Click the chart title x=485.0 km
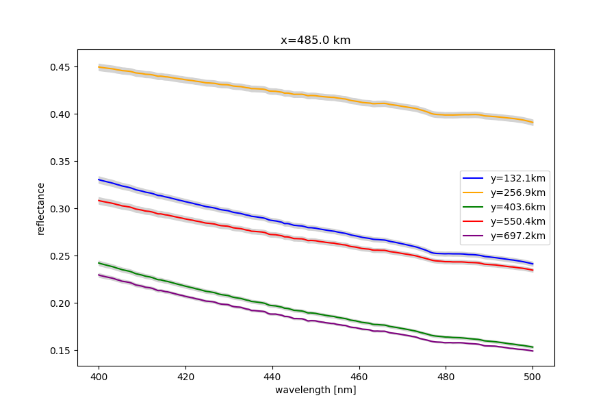point(316,40)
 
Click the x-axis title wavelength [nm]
point(316,390)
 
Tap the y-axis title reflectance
point(41,208)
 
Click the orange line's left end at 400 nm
point(99,67)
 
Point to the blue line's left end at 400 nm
point(99,179)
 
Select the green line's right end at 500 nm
point(532,347)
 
